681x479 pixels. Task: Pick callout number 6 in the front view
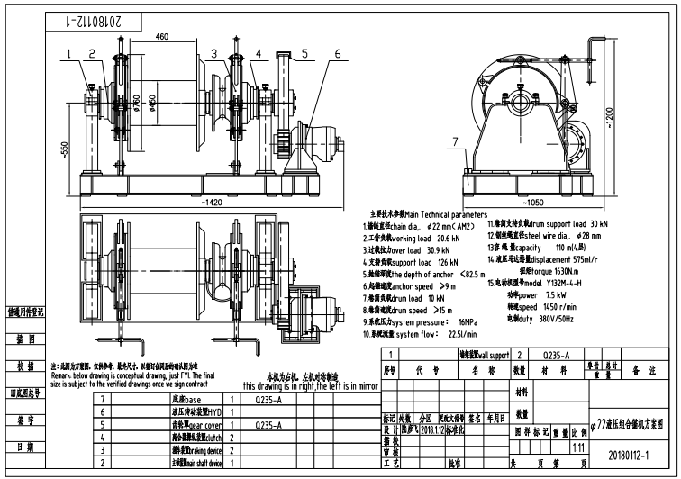click(337, 54)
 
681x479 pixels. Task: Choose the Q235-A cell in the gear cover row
click(268, 424)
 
